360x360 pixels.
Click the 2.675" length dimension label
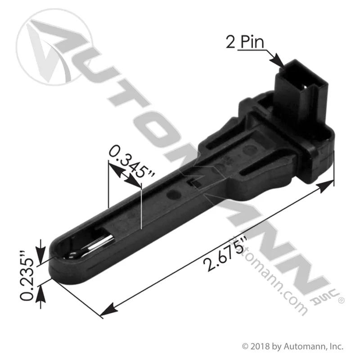[x=225, y=255]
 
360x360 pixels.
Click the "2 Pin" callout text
[x=245, y=42]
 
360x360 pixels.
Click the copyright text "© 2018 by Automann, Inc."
[x=293, y=346]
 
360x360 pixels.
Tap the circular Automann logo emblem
[x=54, y=47]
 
